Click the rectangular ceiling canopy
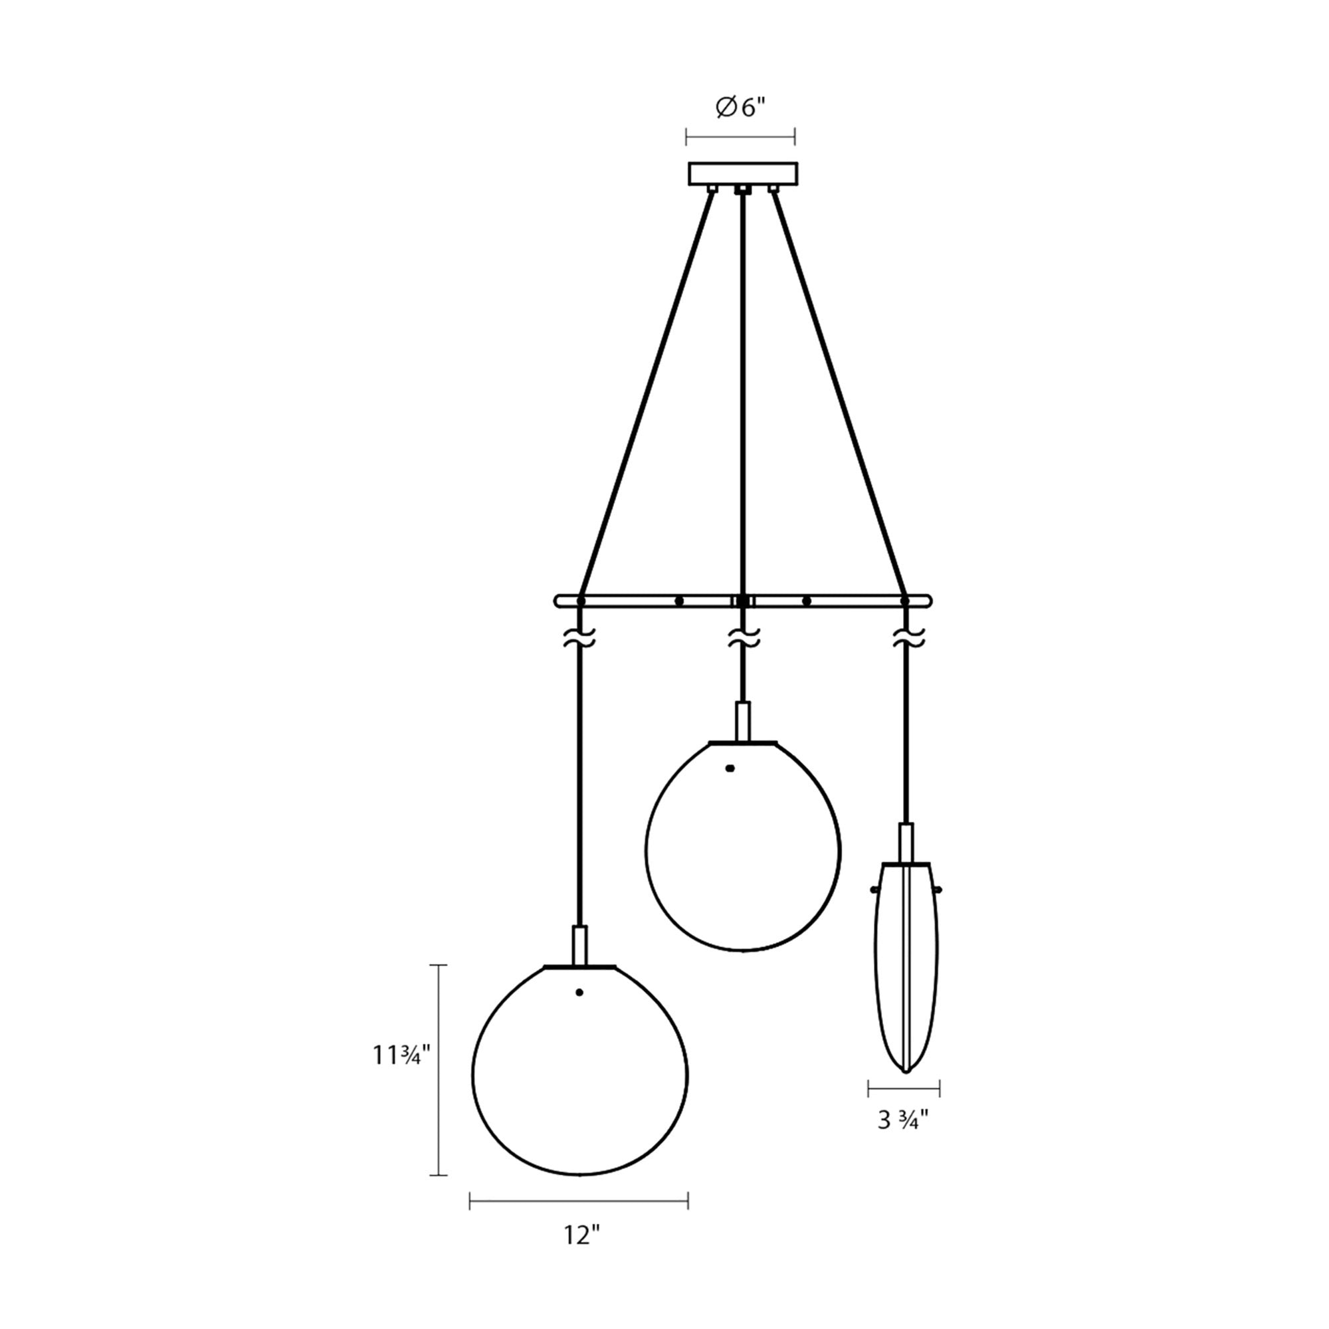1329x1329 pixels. click(x=743, y=173)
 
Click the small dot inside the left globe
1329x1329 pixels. click(x=579, y=992)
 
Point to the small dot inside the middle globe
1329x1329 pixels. click(x=730, y=767)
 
